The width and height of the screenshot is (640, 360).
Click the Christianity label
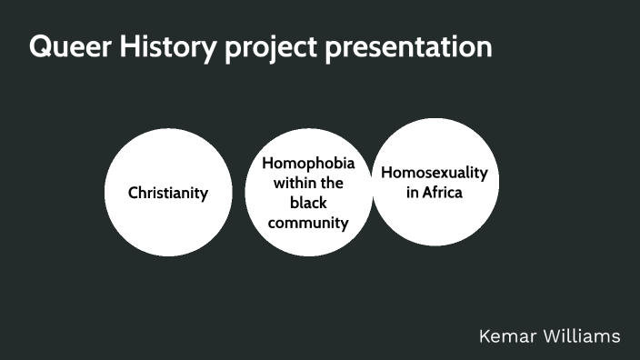pyautogui.click(x=168, y=193)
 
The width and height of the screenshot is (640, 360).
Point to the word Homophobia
pyautogui.click(x=308, y=164)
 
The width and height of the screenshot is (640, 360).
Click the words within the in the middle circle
pyautogui.click(x=308, y=184)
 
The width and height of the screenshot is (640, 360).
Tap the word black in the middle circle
pyautogui.click(x=308, y=203)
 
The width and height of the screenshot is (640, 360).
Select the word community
pyautogui.click(x=308, y=222)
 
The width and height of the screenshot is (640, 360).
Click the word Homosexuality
pyautogui.click(x=435, y=173)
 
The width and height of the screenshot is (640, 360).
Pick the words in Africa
pyautogui.click(x=435, y=192)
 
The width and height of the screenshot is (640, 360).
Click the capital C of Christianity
pyautogui.click(x=134, y=193)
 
